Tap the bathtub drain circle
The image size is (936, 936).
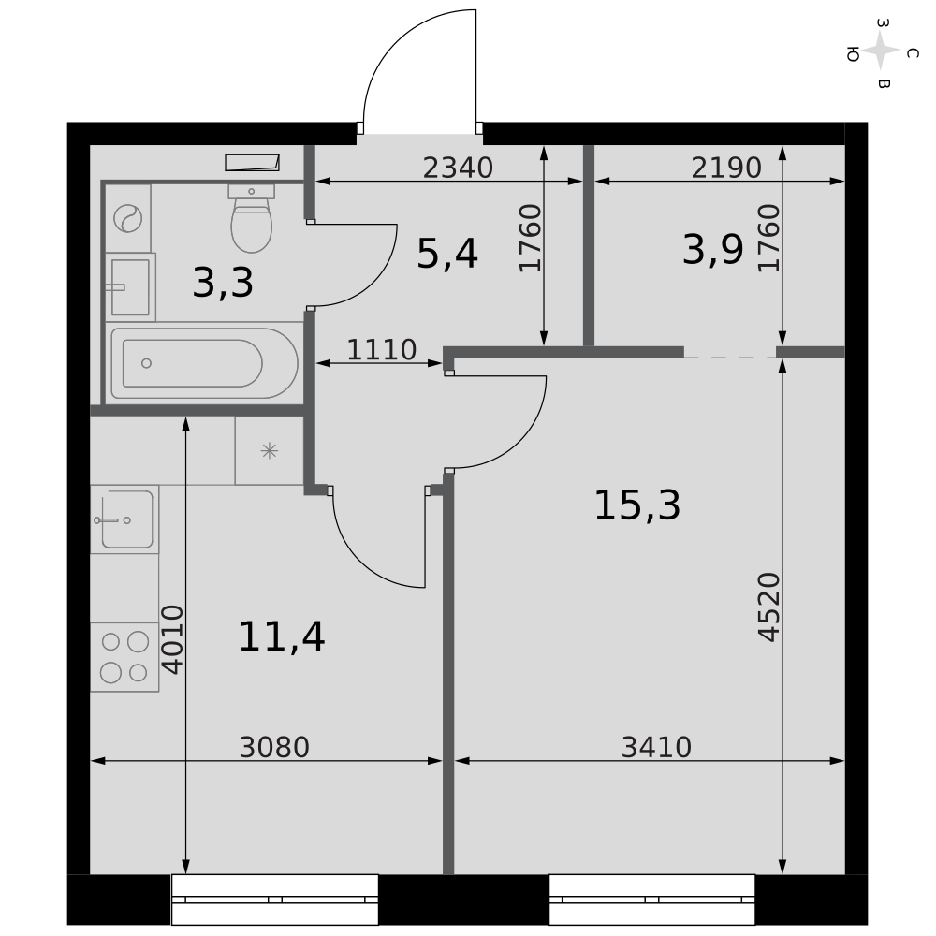tap(146, 363)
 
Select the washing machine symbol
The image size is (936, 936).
tap(127, 218)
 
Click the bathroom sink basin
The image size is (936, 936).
tap(130, 287)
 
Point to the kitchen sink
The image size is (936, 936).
tap(124, 519)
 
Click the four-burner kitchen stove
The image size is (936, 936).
tap(124, 657)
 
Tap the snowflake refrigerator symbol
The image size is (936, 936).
tap(270, 451)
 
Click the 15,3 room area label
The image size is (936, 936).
tap(636, 505)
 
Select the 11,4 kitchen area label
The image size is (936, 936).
tap(281, 636)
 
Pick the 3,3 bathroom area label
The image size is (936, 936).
tap(223, 283)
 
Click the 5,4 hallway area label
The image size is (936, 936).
tap(447, 254)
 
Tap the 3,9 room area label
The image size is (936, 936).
tap(712, 250)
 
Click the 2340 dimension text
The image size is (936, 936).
tap(458, 168)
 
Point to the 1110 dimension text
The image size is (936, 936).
tap(382, 350)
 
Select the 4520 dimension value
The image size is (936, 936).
tap(768, 607)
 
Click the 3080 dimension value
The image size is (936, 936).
tap(274, 747)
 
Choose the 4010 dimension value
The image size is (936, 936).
tap(172, 640)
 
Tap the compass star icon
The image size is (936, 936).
tap(881, 51)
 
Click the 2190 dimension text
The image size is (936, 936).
tap(726, 168)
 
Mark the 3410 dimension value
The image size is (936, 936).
tap(657, 747)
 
